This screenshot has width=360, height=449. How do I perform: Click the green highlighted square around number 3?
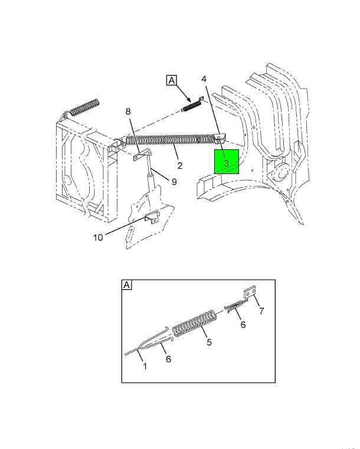(227, 162)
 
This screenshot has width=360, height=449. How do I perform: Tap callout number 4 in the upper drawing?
(204, 79)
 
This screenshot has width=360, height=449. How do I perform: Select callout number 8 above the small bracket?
(128, 112)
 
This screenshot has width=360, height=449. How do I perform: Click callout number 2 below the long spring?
(179, 166)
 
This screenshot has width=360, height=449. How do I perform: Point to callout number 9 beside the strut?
(174, 182)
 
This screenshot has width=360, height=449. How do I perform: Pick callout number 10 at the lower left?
(98, 237)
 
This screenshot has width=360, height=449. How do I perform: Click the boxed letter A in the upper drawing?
(172, 80)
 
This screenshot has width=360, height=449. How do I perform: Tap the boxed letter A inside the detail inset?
(126, 285)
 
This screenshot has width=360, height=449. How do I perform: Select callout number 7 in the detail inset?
(261, 311)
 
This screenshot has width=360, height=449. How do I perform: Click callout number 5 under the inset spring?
(209, 342)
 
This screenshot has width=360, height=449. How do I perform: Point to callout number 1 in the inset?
(145, 366)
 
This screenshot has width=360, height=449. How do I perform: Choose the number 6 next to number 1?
(168, 359)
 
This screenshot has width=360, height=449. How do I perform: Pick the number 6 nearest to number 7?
(243, 325)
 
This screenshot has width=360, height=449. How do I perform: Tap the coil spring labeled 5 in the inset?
(195, 323)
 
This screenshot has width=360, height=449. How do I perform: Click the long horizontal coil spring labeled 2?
(170, 139)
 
